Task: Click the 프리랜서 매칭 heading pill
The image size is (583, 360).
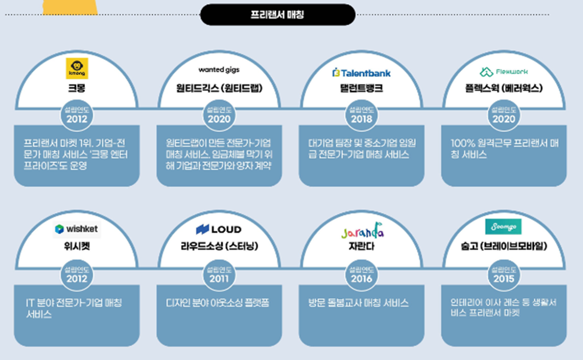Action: pos(277,14)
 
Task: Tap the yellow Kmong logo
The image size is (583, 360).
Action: pos(77,69)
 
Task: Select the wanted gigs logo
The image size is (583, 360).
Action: pos(219,70)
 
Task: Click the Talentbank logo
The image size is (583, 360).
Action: pos(361,72)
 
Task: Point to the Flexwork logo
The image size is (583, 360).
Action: pos(503,71)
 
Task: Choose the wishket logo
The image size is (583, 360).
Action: pos(77,229)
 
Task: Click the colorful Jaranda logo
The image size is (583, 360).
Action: pos(362,232)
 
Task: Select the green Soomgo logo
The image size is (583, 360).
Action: pos(503,227)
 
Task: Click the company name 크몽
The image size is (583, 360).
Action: pos(77,88)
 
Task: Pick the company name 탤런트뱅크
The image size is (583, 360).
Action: pos(361,88)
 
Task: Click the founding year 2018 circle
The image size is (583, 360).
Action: pos(361,116)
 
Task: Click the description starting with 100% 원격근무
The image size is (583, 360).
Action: pos(503,149)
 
